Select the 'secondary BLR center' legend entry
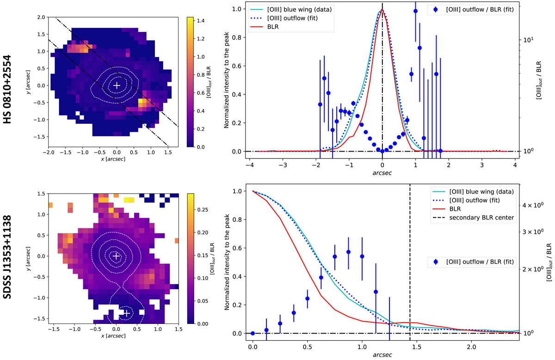coord(481,218)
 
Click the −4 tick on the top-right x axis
coord(250,165)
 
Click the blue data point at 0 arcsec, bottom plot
coord(253,333)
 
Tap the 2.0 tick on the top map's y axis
coord(41,18)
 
